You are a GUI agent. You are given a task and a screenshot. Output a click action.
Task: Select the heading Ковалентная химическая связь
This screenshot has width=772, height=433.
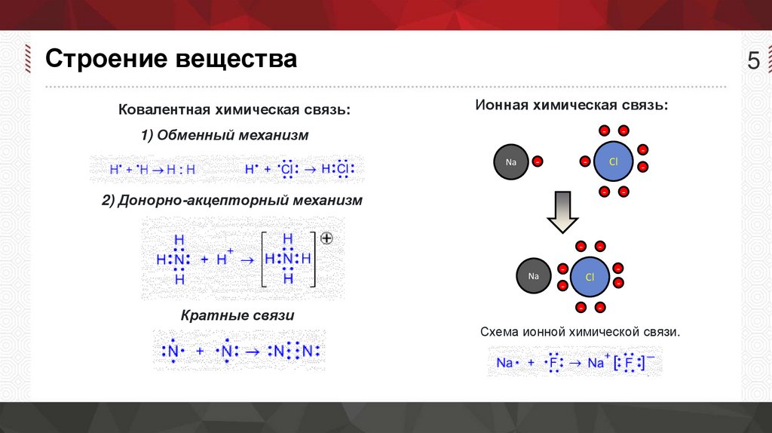coord(234,110)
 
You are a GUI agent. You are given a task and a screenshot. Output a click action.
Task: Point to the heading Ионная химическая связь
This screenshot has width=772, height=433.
coord(571,105)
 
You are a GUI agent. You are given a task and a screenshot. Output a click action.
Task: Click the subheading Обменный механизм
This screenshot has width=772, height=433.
coord(224,136)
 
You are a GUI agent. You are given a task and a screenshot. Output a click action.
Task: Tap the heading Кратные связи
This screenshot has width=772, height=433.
coord(237,315)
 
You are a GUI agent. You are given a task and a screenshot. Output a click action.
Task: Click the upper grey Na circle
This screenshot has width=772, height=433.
coord(511,161)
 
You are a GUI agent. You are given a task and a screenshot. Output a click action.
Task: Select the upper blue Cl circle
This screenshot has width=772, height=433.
coord(613,161)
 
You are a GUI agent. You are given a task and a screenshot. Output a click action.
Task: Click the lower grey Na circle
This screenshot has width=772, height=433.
coord(533,276)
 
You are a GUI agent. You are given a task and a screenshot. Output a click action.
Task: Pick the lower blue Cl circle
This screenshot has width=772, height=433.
coord(590,277)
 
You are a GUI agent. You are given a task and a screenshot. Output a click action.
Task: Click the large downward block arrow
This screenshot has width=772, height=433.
coord(562,211)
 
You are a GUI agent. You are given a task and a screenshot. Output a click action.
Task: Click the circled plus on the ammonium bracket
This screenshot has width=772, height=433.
coord(326,238)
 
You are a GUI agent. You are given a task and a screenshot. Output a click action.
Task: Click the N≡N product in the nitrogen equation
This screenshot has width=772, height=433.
coord(297,352)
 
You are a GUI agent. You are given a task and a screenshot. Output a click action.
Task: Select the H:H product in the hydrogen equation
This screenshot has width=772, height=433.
coord(181,170)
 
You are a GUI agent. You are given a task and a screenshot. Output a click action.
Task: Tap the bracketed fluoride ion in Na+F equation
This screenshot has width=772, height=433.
coord(629,363)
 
